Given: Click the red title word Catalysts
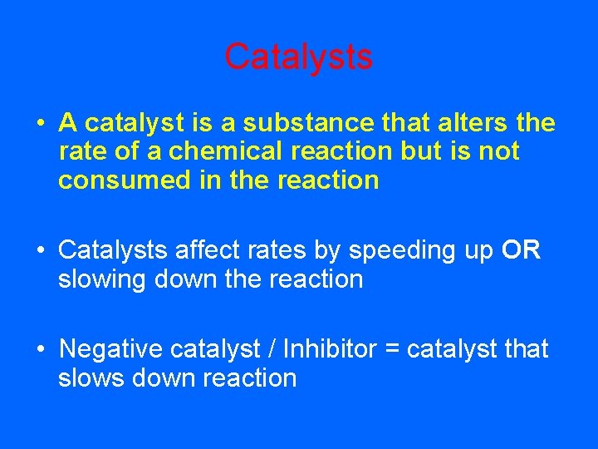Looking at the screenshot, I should tap(298, 57).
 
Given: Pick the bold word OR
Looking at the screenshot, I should tap(522, 250).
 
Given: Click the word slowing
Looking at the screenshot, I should tap(103, 279).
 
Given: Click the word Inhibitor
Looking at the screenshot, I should tap(330, 349).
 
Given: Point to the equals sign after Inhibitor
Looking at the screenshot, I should tap(391, 350).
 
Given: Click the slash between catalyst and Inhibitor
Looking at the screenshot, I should tap(271, 349).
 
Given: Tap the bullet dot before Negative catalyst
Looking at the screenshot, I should tap(40, 350).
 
